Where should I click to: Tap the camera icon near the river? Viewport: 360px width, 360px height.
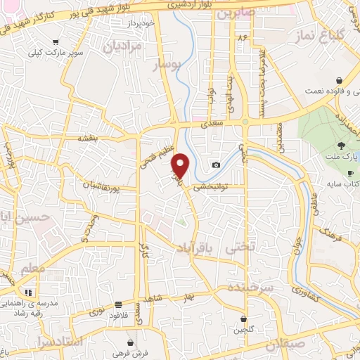click(216, 165)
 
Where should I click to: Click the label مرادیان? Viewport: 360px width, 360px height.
click(124, 46)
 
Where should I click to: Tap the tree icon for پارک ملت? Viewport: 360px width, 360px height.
click(340, 145)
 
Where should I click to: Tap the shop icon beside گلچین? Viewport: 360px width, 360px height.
click(243, 319)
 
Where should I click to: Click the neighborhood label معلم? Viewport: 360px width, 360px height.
click(33, 269)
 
